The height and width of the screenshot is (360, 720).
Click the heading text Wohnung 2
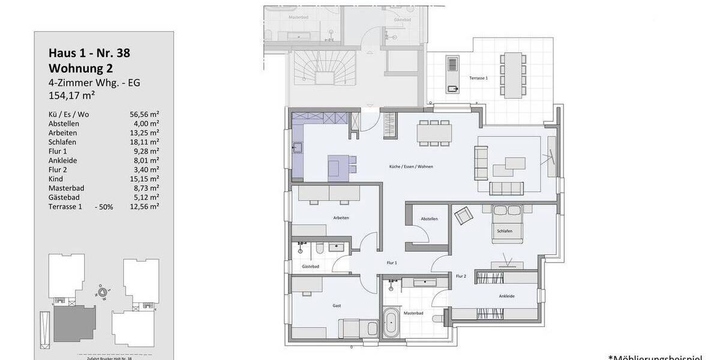80,68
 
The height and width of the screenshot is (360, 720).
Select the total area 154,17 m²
73,95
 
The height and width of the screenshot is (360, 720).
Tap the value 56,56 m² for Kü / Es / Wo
144,114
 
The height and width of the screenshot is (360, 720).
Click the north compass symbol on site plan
103,293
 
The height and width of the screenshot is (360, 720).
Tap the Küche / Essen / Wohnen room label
411,166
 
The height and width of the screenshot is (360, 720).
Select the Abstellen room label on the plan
429,219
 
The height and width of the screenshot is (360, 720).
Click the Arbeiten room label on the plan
341,218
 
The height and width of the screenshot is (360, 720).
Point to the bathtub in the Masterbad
391,324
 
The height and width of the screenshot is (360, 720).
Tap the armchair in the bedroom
462,215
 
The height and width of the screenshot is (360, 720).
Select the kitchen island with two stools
339,167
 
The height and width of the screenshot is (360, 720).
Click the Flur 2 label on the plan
461,276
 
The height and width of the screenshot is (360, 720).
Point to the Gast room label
337,306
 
